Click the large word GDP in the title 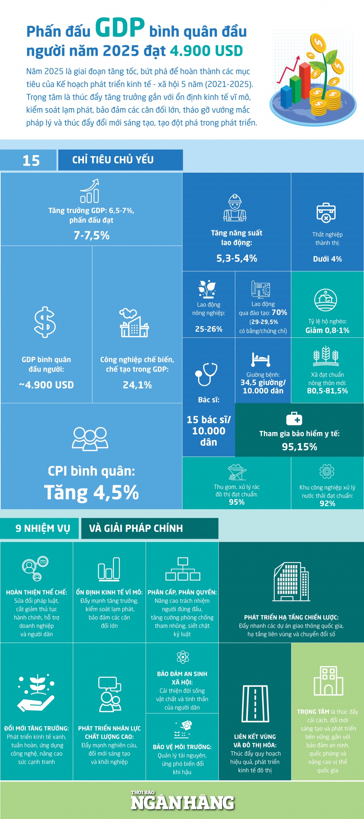tap(120, 28)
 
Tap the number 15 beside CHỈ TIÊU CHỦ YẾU tap(31, 161)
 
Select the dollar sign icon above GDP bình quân tap(45, 322)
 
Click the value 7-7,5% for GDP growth tap(91, 236)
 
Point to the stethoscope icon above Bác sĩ tap(206, 374)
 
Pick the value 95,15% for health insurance tap(299, 447)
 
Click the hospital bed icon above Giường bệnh tap(261, 359)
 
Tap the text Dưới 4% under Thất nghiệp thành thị tap(327, 259)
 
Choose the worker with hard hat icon tap(235, 208)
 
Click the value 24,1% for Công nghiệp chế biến tap(137, 385)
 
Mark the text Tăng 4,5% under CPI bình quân tap(91, 492)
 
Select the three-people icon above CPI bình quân tap(90, 439)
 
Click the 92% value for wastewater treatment tap(327, 503)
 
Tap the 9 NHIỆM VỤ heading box tap(39, 528)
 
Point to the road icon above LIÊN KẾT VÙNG tap(255, 704)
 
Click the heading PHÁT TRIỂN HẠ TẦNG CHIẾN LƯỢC tap(291, 617)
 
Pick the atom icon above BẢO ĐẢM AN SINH tap(182, 657)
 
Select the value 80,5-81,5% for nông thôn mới tap(327, 391)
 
